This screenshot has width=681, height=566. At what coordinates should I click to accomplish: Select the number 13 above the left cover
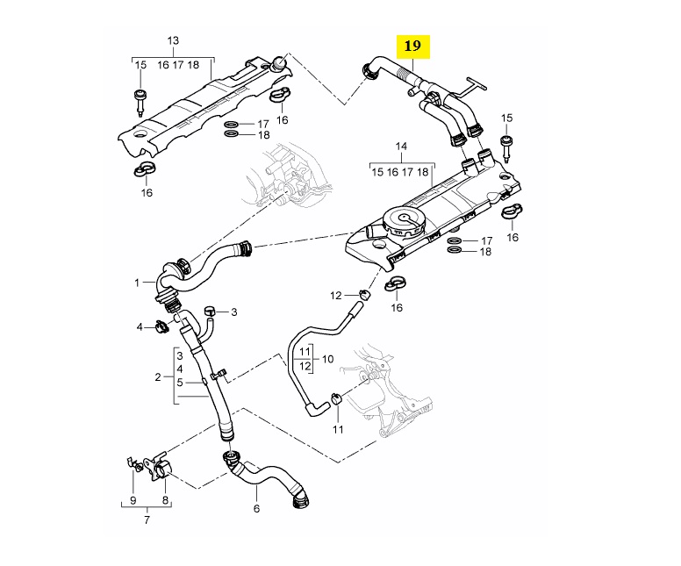click(173, 41)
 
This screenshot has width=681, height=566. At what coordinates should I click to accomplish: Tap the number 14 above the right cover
click(401, 145)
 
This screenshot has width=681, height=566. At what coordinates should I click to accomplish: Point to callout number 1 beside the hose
click(138, 283)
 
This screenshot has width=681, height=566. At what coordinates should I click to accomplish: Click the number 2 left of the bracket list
click(158, 377)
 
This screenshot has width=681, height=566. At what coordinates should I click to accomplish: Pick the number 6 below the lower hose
click(256, 508)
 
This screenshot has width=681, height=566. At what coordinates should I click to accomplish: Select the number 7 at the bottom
click(147, 519)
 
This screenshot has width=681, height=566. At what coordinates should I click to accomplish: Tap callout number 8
click(165, 500)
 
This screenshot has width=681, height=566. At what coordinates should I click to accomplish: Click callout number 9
click(133, 500)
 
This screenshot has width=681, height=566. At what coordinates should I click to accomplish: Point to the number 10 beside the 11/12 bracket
click(328, 358)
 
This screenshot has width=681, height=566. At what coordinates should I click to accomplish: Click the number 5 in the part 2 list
click(179, 383)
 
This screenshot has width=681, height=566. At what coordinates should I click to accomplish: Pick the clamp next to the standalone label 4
click(161, 328)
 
